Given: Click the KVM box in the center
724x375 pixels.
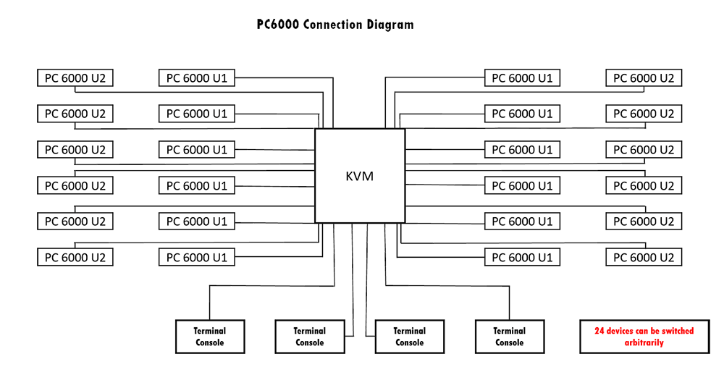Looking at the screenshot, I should click(360, 176).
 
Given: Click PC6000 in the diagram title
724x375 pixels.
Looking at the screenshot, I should click(278, 25).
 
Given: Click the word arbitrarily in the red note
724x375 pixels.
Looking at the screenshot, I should click(644, 342).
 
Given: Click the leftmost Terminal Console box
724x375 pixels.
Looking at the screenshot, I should click(210, 337).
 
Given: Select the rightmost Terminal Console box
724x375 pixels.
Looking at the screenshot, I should click(509, 337).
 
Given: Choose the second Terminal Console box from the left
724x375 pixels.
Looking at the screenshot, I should click(310, 337).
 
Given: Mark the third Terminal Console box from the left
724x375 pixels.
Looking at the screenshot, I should click(410, 337).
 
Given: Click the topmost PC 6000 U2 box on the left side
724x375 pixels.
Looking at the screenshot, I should click(75, 78).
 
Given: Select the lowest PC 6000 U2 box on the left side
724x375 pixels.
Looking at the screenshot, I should click(75, 257).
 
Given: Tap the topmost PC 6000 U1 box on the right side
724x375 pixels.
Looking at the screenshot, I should click(522, 78).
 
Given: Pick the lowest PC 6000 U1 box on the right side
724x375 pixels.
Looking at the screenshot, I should click(522, 257).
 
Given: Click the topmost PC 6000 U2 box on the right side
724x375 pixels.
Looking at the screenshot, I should click(644, 78).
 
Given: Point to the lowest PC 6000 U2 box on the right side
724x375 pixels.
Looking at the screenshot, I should click(644, 257).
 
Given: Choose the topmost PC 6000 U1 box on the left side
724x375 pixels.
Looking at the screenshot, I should click(197, 78).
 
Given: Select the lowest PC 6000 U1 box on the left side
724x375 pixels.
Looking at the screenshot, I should click(197, 257).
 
